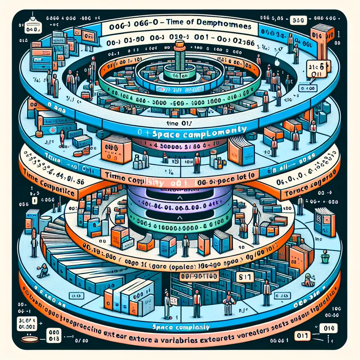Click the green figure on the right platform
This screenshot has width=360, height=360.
(324, 257)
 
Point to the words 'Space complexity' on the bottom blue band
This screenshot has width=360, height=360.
(182, 327)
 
